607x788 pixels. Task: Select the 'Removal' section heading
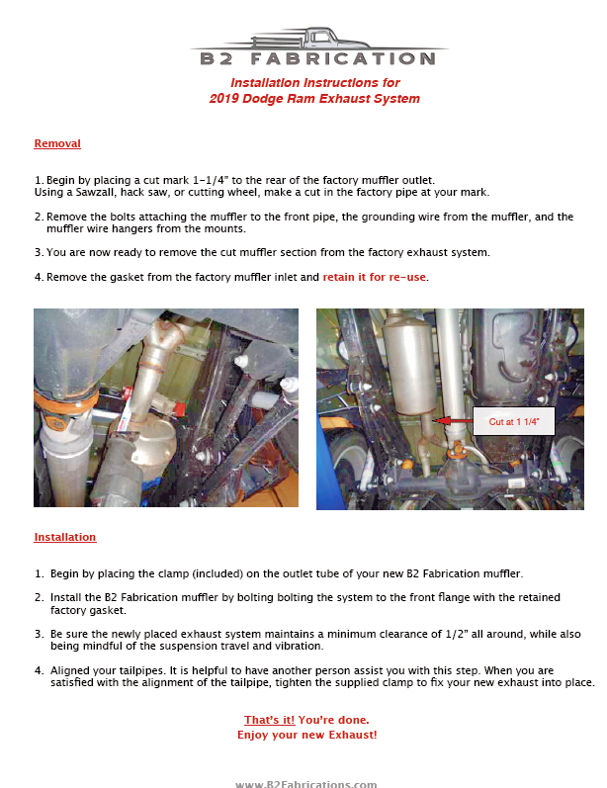(57, 144)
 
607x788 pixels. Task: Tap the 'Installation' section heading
(65, 538)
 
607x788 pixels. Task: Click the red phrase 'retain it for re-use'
(375, 278)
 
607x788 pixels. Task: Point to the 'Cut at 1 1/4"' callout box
(514, 421)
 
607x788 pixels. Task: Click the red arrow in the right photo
(454, 421)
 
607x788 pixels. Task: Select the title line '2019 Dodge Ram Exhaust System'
(314, 99)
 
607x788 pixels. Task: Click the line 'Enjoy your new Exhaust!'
(307, 736)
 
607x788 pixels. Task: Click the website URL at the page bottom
(305, 784)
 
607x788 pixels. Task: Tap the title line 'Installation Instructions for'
(314, 83)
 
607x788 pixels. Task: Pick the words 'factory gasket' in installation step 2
(85, 609)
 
